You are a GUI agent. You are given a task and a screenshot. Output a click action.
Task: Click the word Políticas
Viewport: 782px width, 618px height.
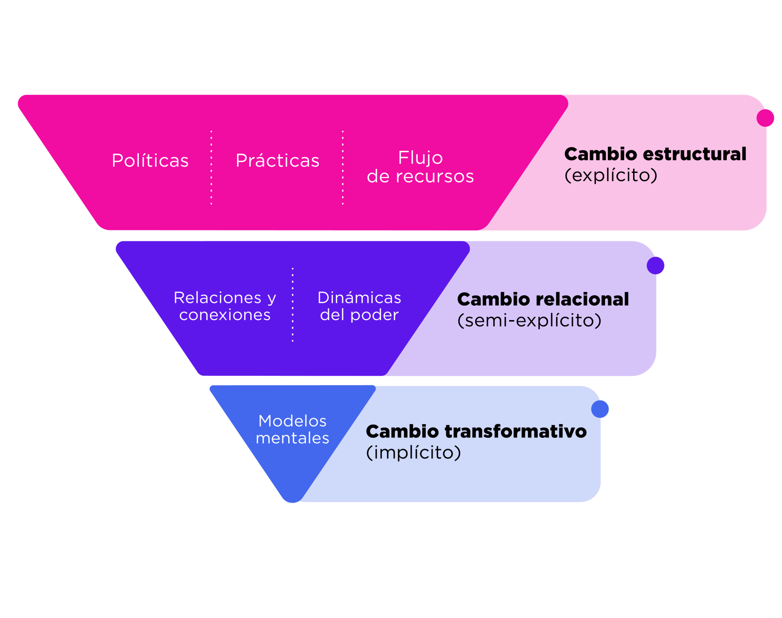click(x=150, y=161)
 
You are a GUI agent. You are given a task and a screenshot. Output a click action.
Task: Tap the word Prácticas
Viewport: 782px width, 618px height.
click(x=277, y=161)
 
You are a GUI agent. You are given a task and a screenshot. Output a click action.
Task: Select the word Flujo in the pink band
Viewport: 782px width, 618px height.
click(x=420, y=158)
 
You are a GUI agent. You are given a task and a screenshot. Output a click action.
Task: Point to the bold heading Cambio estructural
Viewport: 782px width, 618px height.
click(x=655, y=154)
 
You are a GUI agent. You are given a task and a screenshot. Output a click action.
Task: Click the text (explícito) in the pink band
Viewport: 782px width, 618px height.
click(x=611, y=176)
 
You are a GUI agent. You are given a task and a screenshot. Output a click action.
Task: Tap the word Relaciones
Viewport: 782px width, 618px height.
click(x=218, y=298)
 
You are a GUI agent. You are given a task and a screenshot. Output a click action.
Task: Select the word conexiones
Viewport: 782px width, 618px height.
click(x=225, y=315)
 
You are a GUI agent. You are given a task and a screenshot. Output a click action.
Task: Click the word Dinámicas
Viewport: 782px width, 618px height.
click(x=359, y=298)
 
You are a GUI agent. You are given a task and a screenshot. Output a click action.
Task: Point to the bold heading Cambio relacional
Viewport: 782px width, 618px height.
click(x=543, y=299)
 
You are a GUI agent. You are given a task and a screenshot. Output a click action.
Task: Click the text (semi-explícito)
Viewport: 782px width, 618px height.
click(x=529, y=321)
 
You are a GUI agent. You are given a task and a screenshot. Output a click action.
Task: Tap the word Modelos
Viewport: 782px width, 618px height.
click(x=292, y=421)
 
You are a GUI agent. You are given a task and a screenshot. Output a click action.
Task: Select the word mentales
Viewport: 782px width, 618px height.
click(x=292, y=438)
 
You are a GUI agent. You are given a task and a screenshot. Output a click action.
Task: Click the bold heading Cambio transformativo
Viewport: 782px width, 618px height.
click(x=476, y=431)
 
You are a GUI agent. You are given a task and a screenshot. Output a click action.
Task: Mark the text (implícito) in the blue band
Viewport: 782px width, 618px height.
click(x=414, y=452)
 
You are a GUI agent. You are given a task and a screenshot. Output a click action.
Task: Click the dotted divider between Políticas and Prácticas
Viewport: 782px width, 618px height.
click(x=211, y=168)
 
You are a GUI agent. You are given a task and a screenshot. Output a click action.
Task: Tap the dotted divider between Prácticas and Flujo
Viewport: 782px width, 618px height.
click(x=343, y=168)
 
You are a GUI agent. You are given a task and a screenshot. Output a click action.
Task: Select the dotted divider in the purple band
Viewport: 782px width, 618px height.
click(x=293, y=304)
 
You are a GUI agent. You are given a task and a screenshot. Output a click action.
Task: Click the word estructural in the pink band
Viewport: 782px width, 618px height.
click(x=694, y=154)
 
